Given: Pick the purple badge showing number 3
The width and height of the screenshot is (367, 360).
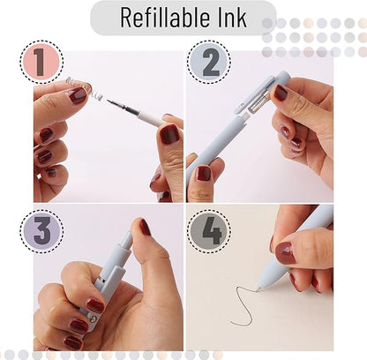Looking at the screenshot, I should tap(41, 230).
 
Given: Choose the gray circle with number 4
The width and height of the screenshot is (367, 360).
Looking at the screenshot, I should tap(209, 230).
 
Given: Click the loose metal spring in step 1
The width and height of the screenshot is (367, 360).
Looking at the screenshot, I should tap(82, 86).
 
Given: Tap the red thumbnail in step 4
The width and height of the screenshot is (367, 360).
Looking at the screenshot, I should tap(284, 254).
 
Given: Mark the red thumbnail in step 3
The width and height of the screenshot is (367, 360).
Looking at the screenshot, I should tap(144, 227).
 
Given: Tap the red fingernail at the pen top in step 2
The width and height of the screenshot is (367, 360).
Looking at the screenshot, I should tap(281, 92).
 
